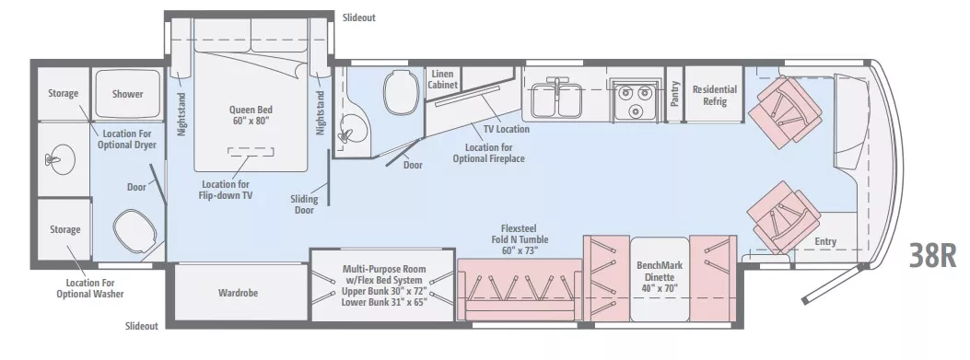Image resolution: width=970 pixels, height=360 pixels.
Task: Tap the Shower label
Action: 127,94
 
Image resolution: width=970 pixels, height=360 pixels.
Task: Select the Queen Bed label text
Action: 251,114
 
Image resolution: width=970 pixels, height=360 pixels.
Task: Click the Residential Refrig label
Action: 715,95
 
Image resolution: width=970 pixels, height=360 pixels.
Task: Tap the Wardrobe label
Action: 237,294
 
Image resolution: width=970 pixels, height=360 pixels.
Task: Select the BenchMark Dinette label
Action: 659,275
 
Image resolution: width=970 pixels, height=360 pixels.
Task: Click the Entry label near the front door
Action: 825,242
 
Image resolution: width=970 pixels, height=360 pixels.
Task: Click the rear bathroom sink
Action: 56,160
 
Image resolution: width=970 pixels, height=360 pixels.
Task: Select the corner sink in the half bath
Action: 347,132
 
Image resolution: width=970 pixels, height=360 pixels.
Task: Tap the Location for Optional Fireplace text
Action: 488,153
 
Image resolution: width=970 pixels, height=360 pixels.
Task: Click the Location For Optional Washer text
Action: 95,288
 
